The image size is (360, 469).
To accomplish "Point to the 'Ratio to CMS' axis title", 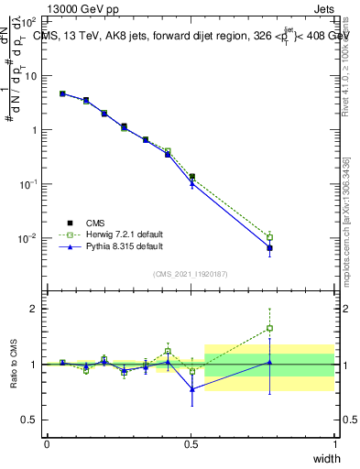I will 14,365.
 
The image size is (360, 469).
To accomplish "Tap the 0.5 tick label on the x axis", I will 191,444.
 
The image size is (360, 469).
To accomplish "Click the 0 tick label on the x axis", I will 47,444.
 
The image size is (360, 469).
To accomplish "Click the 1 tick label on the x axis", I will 334,444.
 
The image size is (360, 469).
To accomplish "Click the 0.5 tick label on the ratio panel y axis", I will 31,420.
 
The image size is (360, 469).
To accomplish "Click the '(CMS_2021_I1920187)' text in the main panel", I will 191,273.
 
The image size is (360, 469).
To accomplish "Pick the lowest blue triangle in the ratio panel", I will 191,389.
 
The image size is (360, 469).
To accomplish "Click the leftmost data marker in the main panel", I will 62,93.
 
